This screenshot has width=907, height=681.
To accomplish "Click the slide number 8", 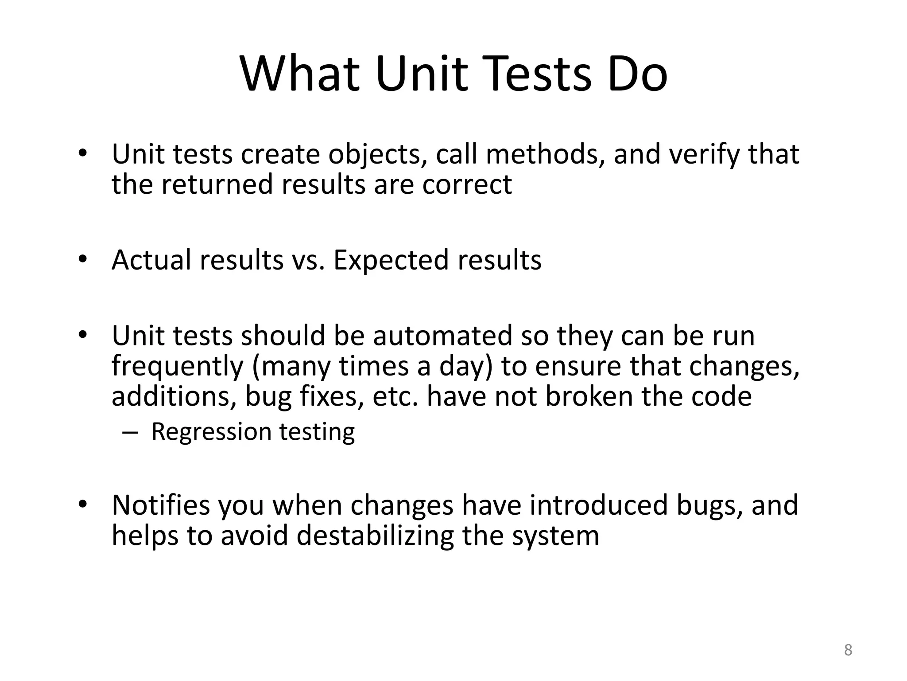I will pos(848,650).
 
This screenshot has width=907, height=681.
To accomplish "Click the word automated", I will pos(442,336).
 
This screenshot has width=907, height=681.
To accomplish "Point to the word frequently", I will pos(178,367).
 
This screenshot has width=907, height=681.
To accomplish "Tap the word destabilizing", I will pos(376,536).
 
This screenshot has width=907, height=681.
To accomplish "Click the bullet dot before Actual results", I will pos(82,259).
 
